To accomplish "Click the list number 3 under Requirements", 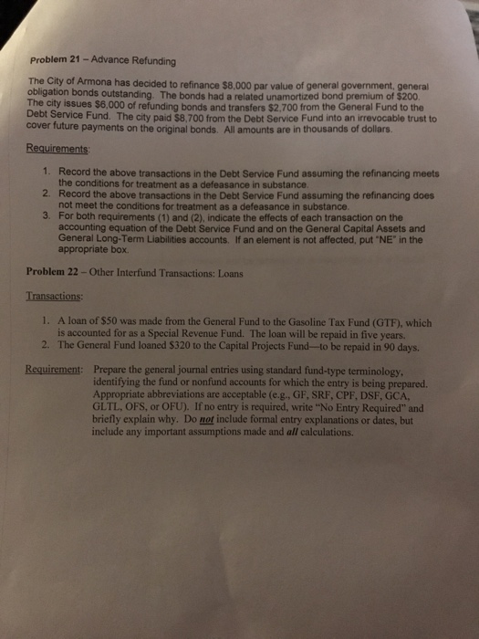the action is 46,217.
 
